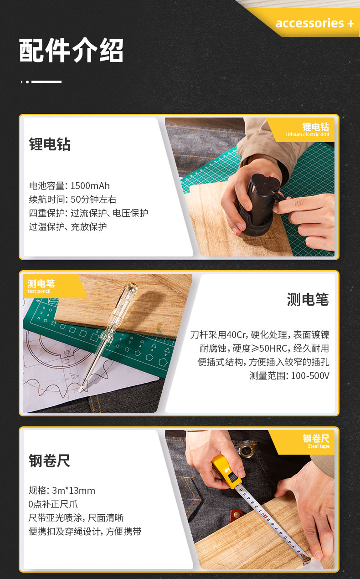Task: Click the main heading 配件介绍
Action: (71, 50)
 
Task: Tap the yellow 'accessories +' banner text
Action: (315, 23)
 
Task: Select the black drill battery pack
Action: (259, 204)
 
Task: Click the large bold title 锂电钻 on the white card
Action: (50, 144)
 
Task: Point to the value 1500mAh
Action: (90, 185)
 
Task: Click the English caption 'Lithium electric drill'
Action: (307, 134)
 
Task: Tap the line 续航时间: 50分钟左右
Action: (72, 199)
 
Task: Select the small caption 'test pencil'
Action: (39, 291)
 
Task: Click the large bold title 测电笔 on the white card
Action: (308, 299)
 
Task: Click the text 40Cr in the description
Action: (236, 335)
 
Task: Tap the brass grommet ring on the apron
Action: (246, 451)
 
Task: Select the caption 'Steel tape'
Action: (319, 446)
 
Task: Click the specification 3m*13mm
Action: (73, 490)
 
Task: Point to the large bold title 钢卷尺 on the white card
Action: (49, 461)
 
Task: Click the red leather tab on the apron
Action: (237, 514)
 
